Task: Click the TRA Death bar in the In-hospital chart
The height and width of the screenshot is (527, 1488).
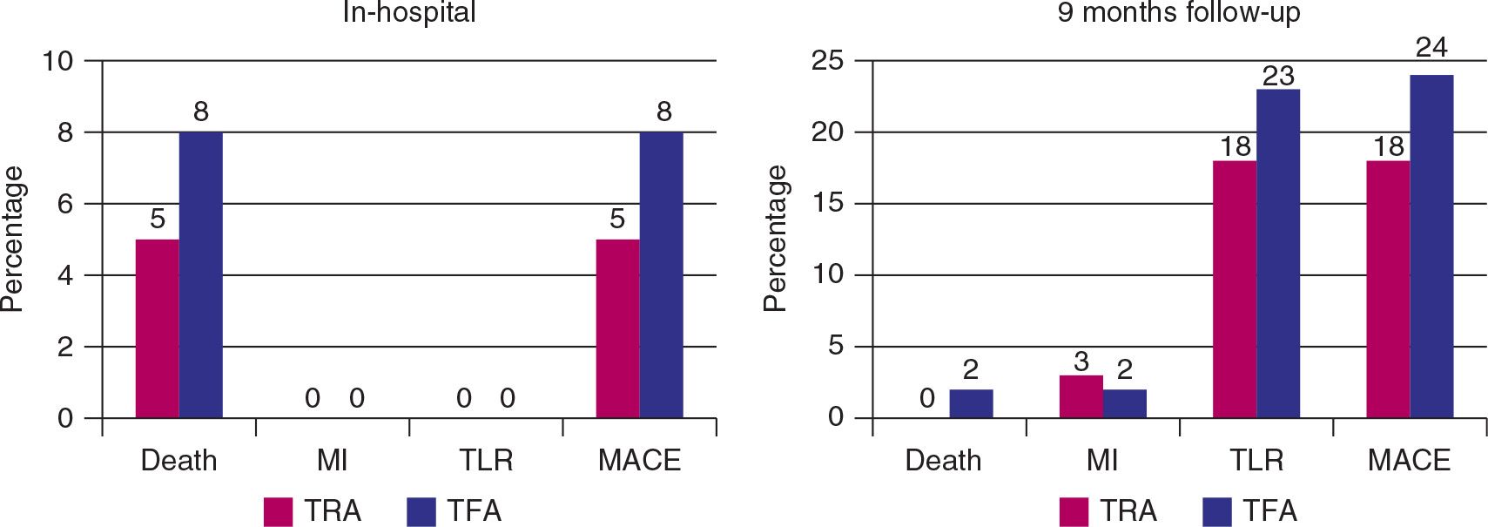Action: pyautogui.click(x=158, y=328)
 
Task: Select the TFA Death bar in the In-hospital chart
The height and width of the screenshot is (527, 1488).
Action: pyautogui.click(x=201, y=274)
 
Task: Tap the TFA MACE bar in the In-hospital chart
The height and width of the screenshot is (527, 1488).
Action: pyautogui.click(x=661, y=274)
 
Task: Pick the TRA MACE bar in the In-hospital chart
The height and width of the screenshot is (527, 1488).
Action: pyautogui.click(x=617, y=328)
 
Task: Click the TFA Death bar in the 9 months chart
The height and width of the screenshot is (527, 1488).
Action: pyautogui.click(x=971, y=403)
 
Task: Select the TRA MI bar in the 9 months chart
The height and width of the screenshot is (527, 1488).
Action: pyautogui.click(x=1081, y=396)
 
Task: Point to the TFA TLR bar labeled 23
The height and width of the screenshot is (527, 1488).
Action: pyautogui.click(x=1278, y=253)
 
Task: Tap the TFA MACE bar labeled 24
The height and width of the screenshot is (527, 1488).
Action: pyautogui.click(x=1431, y=246)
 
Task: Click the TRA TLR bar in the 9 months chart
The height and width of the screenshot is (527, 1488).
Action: pyautogui.click(x=1235, y=288)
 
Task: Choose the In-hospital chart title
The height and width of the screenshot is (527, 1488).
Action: pyautogui.click(x=409, y=12)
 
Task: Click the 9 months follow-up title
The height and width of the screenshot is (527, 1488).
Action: pyautogui.click(x=1178, y=12)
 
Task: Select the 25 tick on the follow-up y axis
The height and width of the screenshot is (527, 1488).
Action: pyautogui.click(x=827, y=61)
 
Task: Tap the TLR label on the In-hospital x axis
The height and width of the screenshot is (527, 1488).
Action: pyautogui.click(x=486, y=460)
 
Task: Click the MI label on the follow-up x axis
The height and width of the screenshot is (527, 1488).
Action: pyautogui.click(x=1102, y=460)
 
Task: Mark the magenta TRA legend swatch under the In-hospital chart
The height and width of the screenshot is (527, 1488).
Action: pyautogui.click(x=278, y=511)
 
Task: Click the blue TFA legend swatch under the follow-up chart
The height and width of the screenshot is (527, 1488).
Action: pyautogui.click(x=1217, y=511)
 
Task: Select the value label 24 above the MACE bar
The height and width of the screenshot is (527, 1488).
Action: pyautogui.click(x=1431, y=47)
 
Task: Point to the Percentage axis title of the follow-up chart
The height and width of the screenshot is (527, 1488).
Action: pyautogui.click(x=774, y=239)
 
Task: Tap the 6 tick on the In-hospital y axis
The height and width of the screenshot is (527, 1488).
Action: pyautogui.click(x=65, y=204)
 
